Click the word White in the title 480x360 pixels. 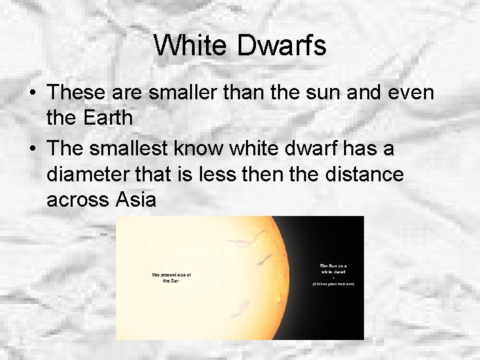(x=191, y=45)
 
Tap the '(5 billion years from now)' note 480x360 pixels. (x=333, y=284)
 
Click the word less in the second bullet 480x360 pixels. (x=232, y=175)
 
